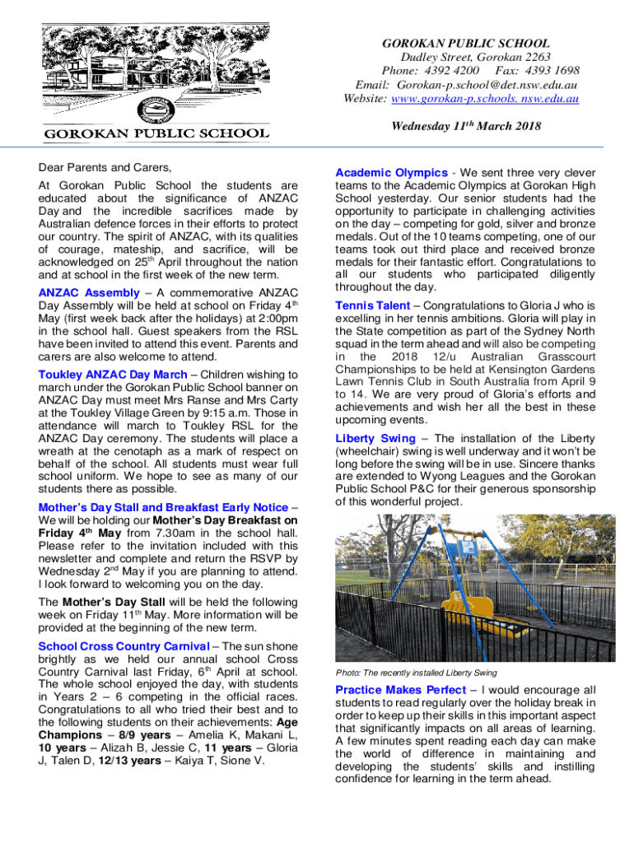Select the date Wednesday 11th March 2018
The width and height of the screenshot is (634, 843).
coord(466,126)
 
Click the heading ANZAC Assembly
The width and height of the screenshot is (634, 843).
coord(89,293)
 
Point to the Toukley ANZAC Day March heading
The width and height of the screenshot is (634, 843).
coord(113,375)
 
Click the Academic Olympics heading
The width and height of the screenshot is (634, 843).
coord(391,173)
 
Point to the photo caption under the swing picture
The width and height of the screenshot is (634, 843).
coord(416,673)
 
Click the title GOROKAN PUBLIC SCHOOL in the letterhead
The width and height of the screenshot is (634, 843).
coord(466,43)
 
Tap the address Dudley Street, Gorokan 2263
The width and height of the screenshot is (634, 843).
coord(465,57)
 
